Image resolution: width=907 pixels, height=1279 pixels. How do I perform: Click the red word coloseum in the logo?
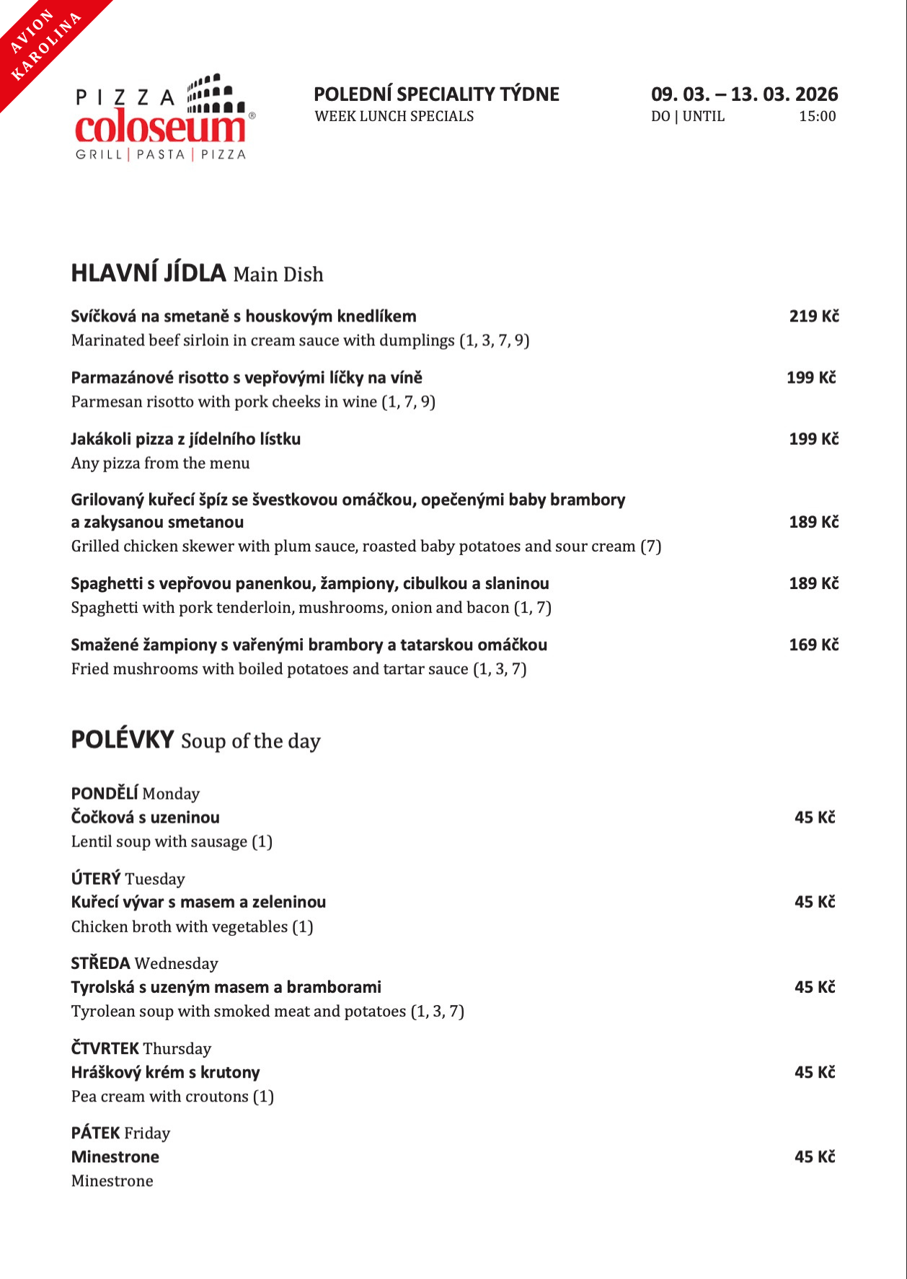pos(160,128)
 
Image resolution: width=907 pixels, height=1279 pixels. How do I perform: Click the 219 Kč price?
pos(813,316)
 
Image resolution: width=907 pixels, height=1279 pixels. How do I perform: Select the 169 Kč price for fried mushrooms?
pos(813,645)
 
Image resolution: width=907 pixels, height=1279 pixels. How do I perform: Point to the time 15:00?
pos(817,116)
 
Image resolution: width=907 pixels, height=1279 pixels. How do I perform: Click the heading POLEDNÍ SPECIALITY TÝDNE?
pos(436,94)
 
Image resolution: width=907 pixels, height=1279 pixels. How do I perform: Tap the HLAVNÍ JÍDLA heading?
pos(149,273)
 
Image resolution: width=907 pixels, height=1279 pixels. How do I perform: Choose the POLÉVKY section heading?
pos(123,740)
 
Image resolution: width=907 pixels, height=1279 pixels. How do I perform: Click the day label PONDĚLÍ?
pos(105,793)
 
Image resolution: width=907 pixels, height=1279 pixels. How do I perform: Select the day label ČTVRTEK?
pos(105,1048)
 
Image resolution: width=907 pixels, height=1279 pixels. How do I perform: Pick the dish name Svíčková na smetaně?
pos(244,316)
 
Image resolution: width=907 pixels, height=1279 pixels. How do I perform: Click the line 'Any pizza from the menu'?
pos(160,463)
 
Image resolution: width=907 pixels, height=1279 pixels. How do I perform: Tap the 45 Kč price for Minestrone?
pos(815,1156)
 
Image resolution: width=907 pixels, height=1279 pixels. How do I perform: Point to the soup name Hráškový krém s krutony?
pos(165,1072)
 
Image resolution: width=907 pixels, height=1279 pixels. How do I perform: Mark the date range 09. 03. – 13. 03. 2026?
pos(744,94)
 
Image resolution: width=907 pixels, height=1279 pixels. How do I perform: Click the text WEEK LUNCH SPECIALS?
pos(394,116)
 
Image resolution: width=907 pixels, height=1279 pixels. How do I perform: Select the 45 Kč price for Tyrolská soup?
pos(815,987)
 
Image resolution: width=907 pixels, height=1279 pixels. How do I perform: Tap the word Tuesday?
pos(155,879)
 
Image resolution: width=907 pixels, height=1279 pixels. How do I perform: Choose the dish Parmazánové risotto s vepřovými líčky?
pos(247,377)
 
